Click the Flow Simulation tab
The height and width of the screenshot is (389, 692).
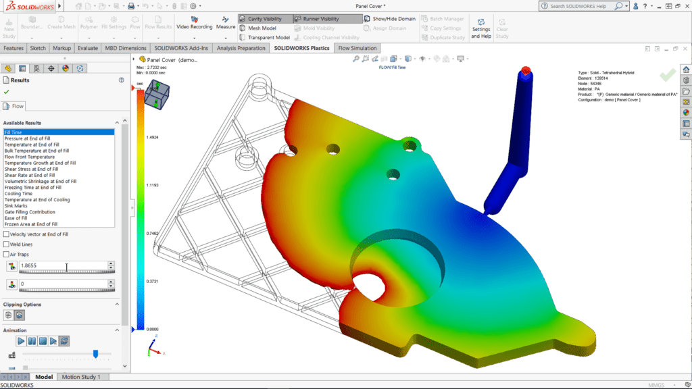click(357, 48)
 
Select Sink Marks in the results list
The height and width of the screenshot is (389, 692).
click(17, 206)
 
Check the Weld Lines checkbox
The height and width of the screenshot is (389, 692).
click(6, 244)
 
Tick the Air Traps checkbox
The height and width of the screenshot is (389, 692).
click(6, 254)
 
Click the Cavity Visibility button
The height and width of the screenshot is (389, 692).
click(264, 19)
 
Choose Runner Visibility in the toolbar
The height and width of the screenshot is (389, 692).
click(321, 19)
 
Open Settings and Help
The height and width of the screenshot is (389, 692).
click(480, 28)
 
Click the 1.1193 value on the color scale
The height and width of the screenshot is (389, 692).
click(153, 184)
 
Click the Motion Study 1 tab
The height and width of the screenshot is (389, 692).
click(80, 377)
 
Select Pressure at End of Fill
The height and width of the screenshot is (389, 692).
click(27, 138)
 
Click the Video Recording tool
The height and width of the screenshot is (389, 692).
click(194, 22)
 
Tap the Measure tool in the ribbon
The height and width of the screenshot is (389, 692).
click(226, 22)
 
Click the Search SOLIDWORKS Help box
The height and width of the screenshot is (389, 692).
click(583, 6)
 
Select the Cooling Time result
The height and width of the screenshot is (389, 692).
click(18, 194)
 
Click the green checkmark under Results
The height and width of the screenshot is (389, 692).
click(6, 91)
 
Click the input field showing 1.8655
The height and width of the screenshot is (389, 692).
click(62, 266)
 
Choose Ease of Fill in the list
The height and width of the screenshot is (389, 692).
click(17, 218)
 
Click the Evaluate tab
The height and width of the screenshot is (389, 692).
click(88, 48)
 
